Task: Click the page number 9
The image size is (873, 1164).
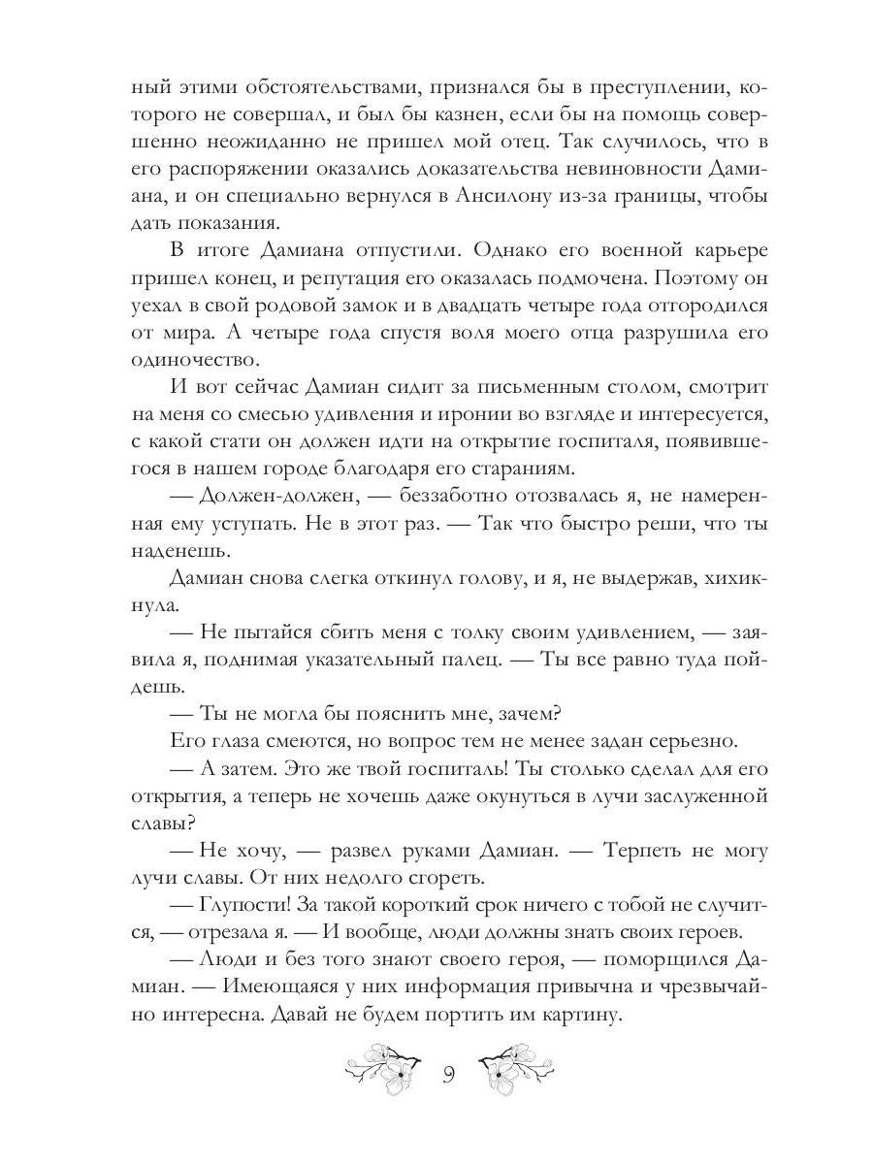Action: tap(449, 1075)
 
